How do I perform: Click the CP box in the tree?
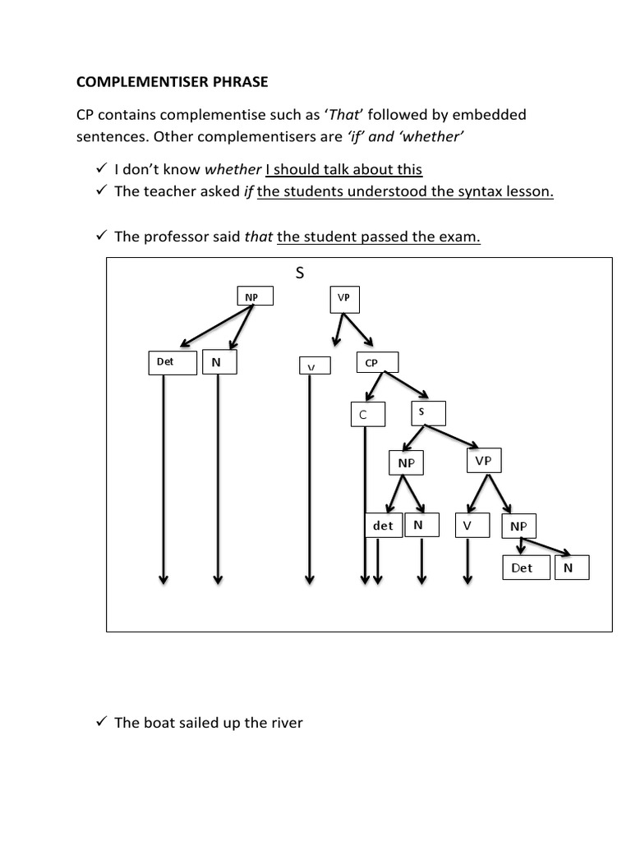pyautogui.click(x=377, y=362)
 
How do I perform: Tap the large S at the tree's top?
pyautogui.click(x=300, y=273)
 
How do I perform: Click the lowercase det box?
pyautogui.click(x=384, y=526)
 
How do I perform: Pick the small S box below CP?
pyautogui.click(x=427, y=412)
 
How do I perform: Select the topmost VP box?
pyautogui.click(x=343, y=298)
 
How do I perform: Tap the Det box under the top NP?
pyautogui.click(x=172, y=362)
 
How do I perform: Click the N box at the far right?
pyautogui.click(x=572, y=568)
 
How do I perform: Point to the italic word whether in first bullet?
pyautogui.click(x=233, y=170)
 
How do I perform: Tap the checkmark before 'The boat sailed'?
pyautogui.click(x=102, y=722)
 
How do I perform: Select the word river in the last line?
pyautogui.click(x=283, y=724)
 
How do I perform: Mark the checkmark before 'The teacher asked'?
pyautogui.click(x=102, y=191)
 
